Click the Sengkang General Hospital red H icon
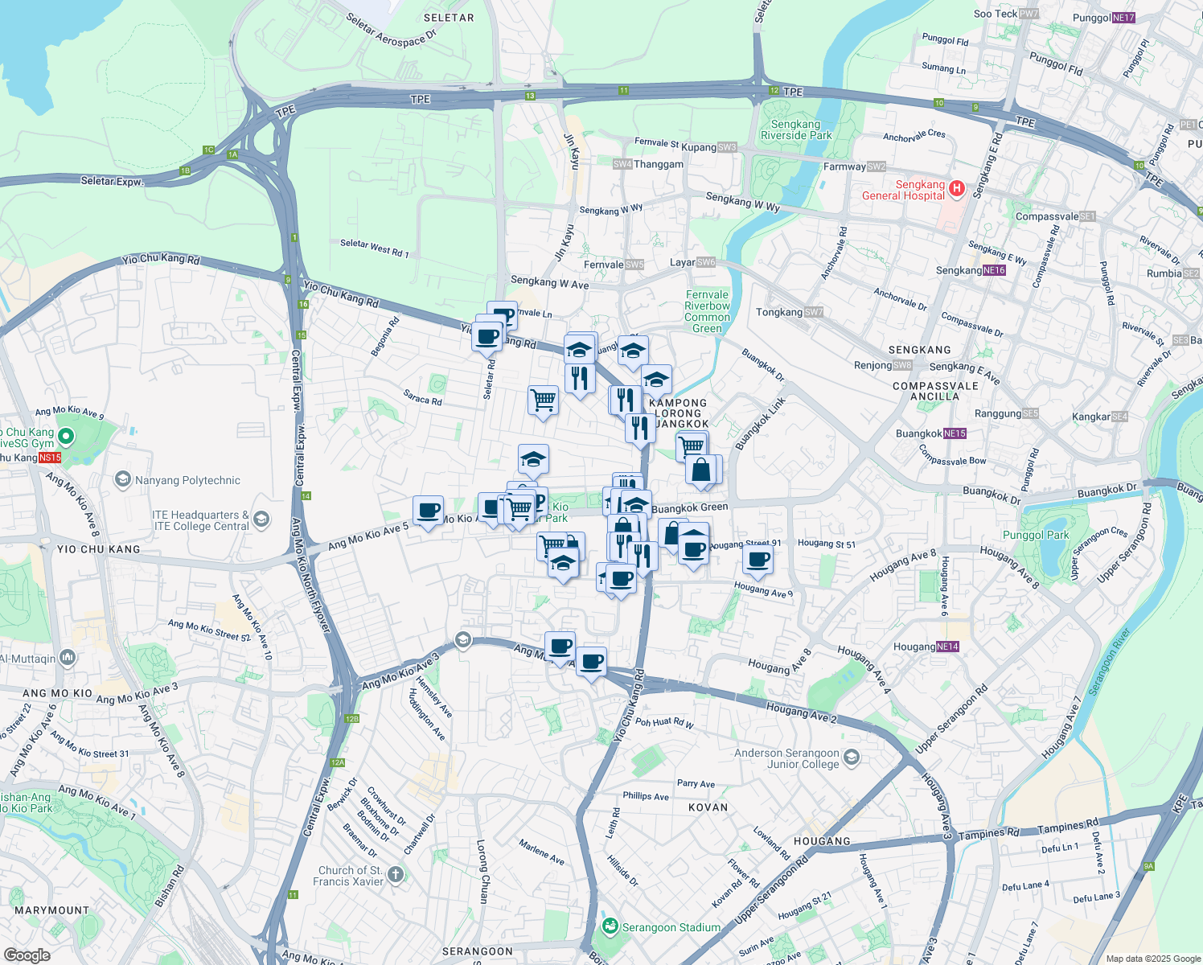[956, 189]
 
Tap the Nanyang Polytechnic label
[187, 480]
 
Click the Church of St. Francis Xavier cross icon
[395, 875]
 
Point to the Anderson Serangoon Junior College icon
[852, 758]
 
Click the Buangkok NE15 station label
[930, 433]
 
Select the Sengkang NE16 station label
[971, 270]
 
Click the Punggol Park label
[1036, 535]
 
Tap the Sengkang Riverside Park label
[796, 129]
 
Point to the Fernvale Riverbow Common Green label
[707, 311]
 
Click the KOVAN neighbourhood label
[708, 807]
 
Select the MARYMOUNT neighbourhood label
[51, 910]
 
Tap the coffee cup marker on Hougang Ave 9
[757, 559]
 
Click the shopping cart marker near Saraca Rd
[544, 399]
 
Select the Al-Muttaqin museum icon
[68, 658]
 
